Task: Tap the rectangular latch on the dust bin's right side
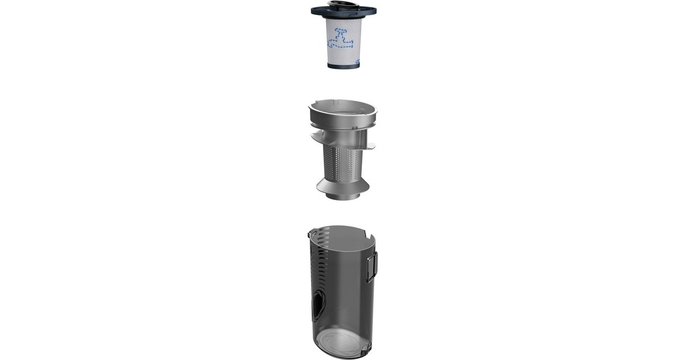coord(370,266)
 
